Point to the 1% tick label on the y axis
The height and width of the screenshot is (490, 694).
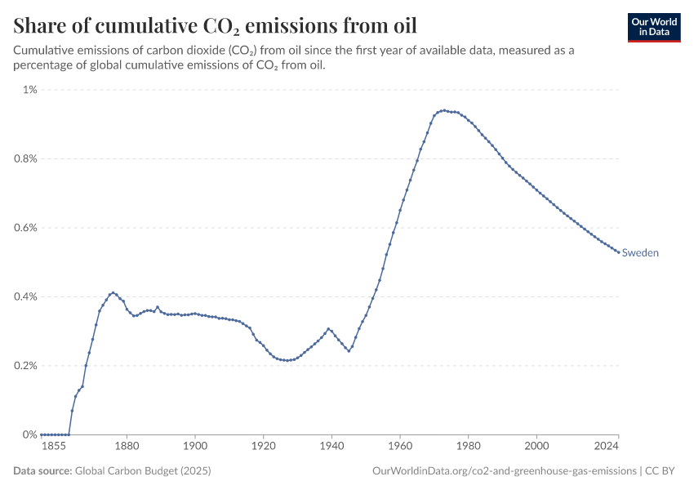pyautogui.click(x=29, y=90)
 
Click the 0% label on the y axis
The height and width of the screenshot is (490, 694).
pyautogui.click(x=30, y=434)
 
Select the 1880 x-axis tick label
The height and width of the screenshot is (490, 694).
pyautogui.click(x=126, y=448)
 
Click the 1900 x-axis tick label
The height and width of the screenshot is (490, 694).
pyautogui.click(x=194, y=448)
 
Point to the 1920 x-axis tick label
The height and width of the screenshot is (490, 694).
pyautogui.click(x=263, y=448)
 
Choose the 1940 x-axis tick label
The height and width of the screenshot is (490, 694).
pyautogui.click(x=331, y=448)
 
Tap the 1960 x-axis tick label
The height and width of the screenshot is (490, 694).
pyautogui.click(x=399, y=448)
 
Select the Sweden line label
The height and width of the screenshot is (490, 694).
pyautogui.click(x=640, y=253)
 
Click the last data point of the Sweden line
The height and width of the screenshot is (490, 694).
pyautogui.click(x=618, y=252)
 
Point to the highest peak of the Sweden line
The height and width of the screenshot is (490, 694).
pyautogui.click(x=444, y=110)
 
